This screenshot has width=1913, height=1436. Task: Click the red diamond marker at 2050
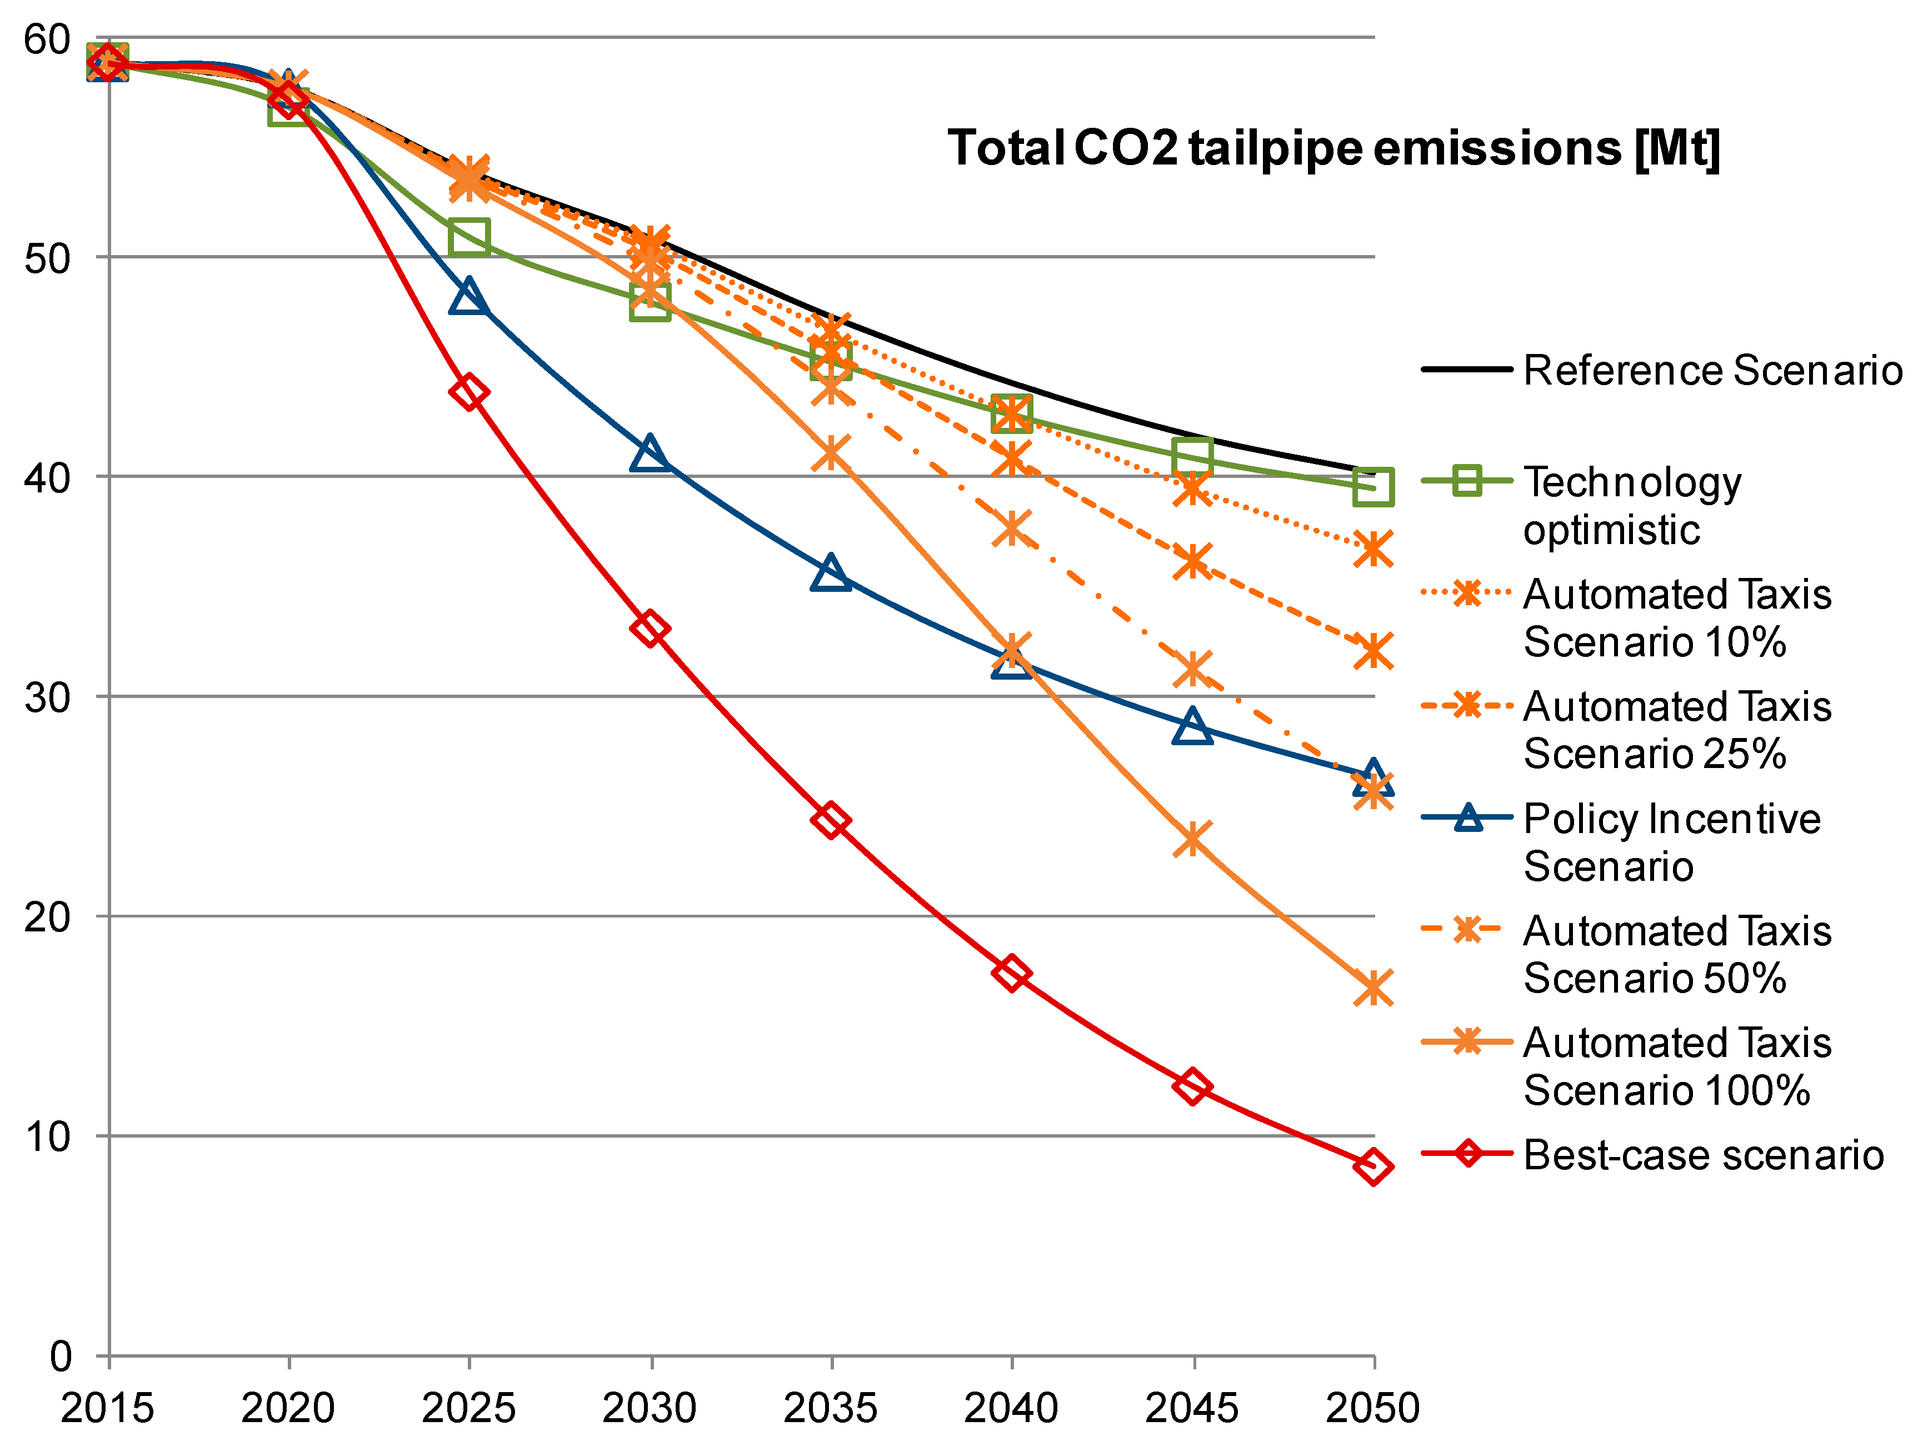(x=1372, y=1166)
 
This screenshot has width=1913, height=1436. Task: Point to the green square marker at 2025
(x=469, y=236)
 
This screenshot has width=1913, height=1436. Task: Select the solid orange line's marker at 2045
(x=1192, y=839)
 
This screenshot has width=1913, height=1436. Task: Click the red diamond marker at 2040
(x=1011, y=973)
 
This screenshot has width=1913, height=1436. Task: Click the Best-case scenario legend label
(x=1702, y=1155)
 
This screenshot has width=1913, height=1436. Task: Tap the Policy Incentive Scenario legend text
(x=1671, y=842)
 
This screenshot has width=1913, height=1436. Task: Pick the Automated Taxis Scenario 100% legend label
(x=1676, y=1066)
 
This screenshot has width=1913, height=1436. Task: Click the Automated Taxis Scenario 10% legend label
(x=1676, y=617)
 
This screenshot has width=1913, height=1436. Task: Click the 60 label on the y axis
(x=48, y=39)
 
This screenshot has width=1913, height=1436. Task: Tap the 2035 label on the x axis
(x=830, y=1408)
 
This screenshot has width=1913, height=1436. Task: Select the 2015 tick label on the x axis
(x=107, y=1408)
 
